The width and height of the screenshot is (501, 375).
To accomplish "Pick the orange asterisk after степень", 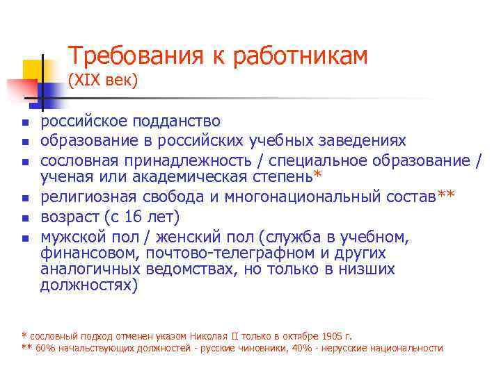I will click(x=318, y=174).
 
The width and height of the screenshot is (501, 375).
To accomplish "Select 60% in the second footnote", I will click(x=46, y=348).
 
